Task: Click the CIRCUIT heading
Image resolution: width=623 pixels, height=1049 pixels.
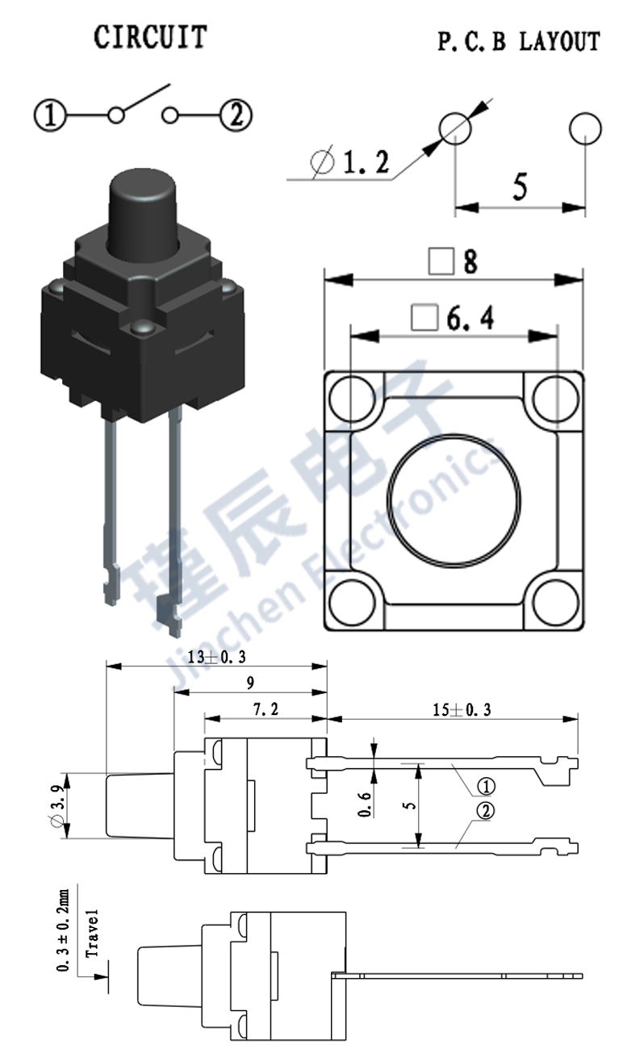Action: pyautogui.click(x=150, y=37)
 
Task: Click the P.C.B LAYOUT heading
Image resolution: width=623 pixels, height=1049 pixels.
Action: pyautogui.click(x=519, y=42)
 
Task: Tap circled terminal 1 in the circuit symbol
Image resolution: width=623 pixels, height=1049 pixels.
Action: pyautogui.click(x=49, y=115)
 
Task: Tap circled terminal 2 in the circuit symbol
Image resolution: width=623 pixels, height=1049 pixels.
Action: pyautogui.click(x=236, y=115)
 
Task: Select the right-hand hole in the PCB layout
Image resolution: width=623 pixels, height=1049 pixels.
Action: pyautogui.click(x=585, y=128)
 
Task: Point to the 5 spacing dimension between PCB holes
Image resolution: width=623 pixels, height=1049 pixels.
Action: pyautogui.click(x=520, y=187)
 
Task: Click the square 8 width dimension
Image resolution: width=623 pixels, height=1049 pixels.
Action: pyautogui.click(x=454, y=261)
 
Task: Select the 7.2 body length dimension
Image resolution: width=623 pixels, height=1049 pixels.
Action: pyautogui.click(x=266, y=709)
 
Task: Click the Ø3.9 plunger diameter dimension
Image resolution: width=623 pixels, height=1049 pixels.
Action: pyautogui.click(x=56, y=805)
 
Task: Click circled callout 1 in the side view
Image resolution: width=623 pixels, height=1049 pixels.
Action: pyautogui.click(x=485, y=785)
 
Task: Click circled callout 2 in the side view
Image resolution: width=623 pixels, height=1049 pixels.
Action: pyautogui.click(x=485, y=813)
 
